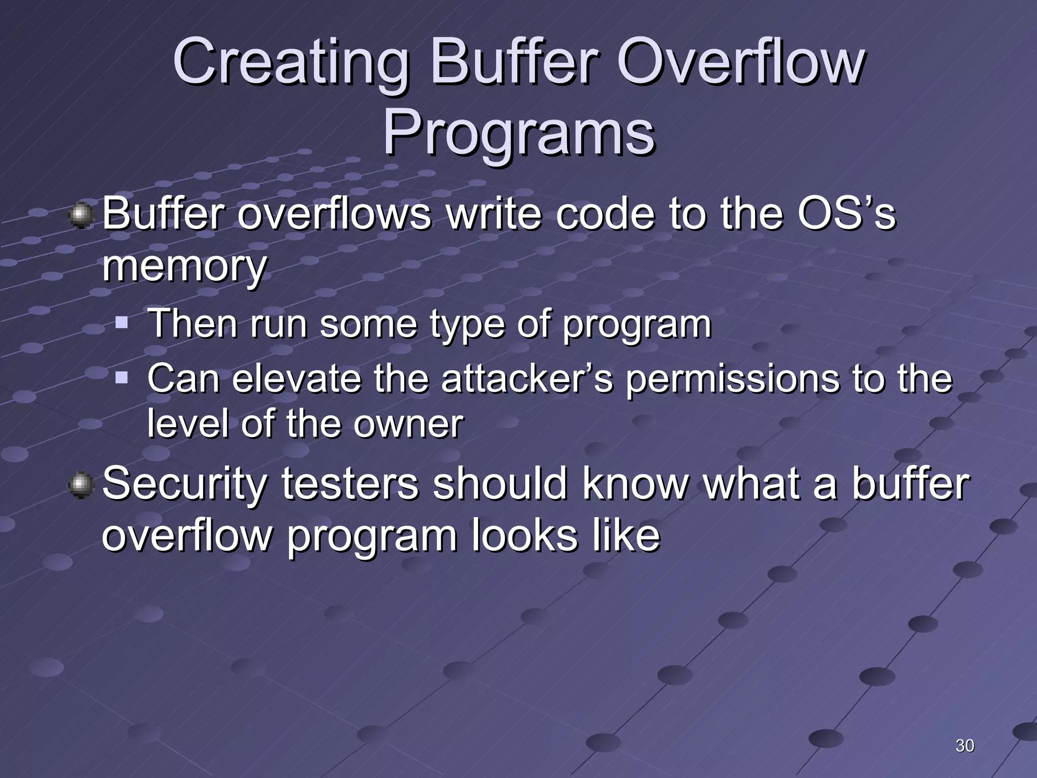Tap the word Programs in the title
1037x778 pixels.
(x=518, y=134)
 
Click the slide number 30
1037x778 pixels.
(x=965, y=746)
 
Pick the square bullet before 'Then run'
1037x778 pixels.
(x=122, y=322)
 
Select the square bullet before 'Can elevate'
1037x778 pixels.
(x=122, y=377)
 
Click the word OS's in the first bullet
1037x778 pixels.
(x=846, y=214)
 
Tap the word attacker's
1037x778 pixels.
(x=527, y=379)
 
